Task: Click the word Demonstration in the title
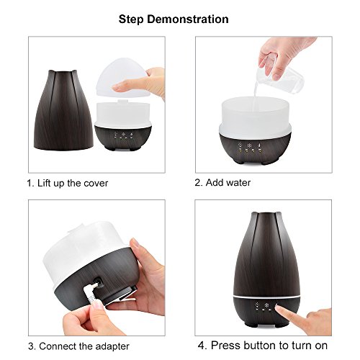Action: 188,19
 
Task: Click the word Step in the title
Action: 131,19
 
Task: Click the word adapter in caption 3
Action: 112,346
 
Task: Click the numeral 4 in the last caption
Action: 202,346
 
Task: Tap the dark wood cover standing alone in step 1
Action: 63,110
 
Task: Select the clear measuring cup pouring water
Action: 279,77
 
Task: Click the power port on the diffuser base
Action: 99,282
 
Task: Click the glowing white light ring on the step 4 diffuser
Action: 266,297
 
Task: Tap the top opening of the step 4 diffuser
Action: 266,213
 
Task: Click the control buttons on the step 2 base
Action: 250,148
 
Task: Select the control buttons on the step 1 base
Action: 123,136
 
